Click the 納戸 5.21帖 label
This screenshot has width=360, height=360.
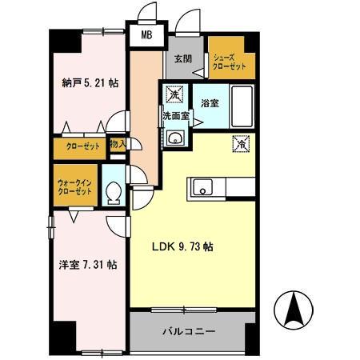point(85,81)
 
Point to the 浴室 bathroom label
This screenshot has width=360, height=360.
point(210,103)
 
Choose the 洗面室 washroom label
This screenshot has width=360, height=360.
point(176,116)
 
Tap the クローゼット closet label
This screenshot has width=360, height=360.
point(78,146)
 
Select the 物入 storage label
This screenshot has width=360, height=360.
point(116,144)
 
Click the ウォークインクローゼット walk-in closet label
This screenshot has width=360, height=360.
point(73,188)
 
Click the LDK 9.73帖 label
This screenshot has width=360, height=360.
point(182,246)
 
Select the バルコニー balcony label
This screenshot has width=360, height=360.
point(188,330)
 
